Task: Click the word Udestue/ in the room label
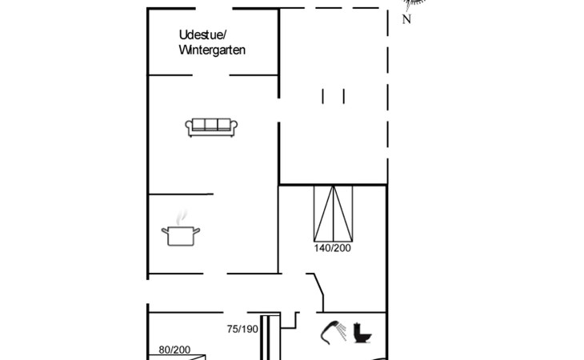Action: [x=202, y=35]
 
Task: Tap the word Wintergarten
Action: [x=212, y=50]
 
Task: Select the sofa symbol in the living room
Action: [x=211, y=128]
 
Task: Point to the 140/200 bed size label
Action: [x=332, y=248]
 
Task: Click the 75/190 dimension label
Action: [x=242, y=329]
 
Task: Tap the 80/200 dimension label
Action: [x=174, y=350]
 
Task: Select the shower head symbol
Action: [x=330, y=332]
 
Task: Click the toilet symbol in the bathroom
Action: [x=362, y=333]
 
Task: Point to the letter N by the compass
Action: [x=406, y=19]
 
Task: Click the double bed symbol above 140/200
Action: [x=333, y=214]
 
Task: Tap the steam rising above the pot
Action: [x=181, y=218]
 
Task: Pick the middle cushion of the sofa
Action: [x=211, y=124]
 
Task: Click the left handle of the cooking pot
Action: [x=165, y=231]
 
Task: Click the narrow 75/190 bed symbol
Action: [x=265, y=338]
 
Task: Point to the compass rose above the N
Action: [x=414, y=4]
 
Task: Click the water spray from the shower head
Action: [x=341, y=332]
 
